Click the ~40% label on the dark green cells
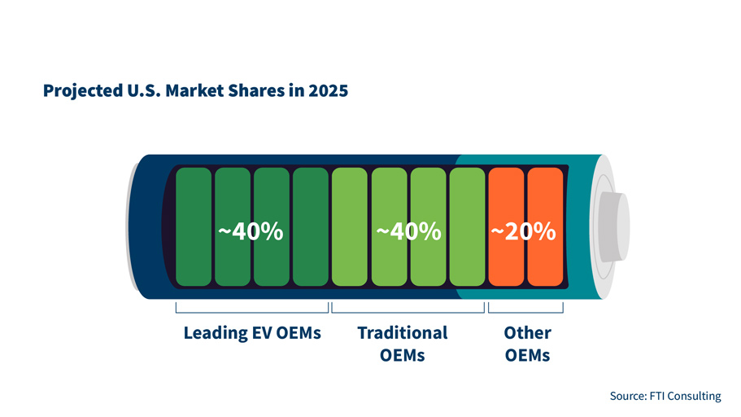(251, 232)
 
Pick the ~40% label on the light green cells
(408, 232)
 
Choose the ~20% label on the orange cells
(523, 232)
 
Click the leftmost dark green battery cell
(194, 226)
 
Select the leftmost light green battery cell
(350, 226)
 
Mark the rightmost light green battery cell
(467, 226)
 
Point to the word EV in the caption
(263, 333)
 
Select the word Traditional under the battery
(403, 333)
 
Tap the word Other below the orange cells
(527, 333)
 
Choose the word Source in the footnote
(626, 396)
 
